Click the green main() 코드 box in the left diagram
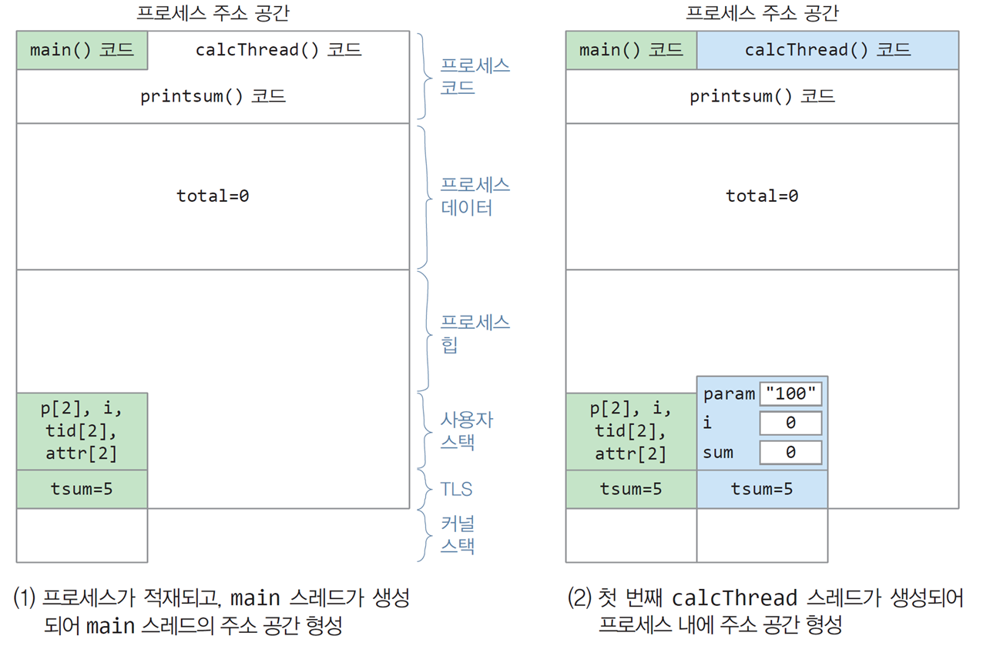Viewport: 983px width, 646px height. (x=82, y=50)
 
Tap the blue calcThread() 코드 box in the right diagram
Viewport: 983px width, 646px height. (x=827, y=50)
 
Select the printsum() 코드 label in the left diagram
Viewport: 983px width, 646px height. (x=213, y=96)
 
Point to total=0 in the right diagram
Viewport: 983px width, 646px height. (x=762, y=196)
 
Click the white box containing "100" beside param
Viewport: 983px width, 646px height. (x=790, y=393)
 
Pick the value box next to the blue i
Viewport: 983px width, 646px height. (x=790, y=423)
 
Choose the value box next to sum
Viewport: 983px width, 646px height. (x=790, y=452)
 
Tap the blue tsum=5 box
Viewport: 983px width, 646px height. (x=762, y=490)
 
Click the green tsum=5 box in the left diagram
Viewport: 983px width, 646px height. (x=82, y=490)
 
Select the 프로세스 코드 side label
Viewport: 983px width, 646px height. (x=475, y=77)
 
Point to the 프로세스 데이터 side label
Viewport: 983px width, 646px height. (x=475, y=196)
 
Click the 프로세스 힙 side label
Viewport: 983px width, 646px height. (x=475, y=333)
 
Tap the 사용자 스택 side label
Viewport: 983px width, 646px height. (x=467, y=431)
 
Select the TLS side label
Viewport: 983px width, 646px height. (x=456, y=489)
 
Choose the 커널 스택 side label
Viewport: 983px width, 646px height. (x=458, y=535)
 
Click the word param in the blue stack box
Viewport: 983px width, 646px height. (x=729, y=394)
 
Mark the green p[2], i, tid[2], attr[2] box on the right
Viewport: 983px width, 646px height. (x=631, y=431)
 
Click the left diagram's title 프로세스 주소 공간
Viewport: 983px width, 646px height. (x=213, y=13)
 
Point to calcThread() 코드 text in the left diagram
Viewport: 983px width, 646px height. (x=279, y=50)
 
